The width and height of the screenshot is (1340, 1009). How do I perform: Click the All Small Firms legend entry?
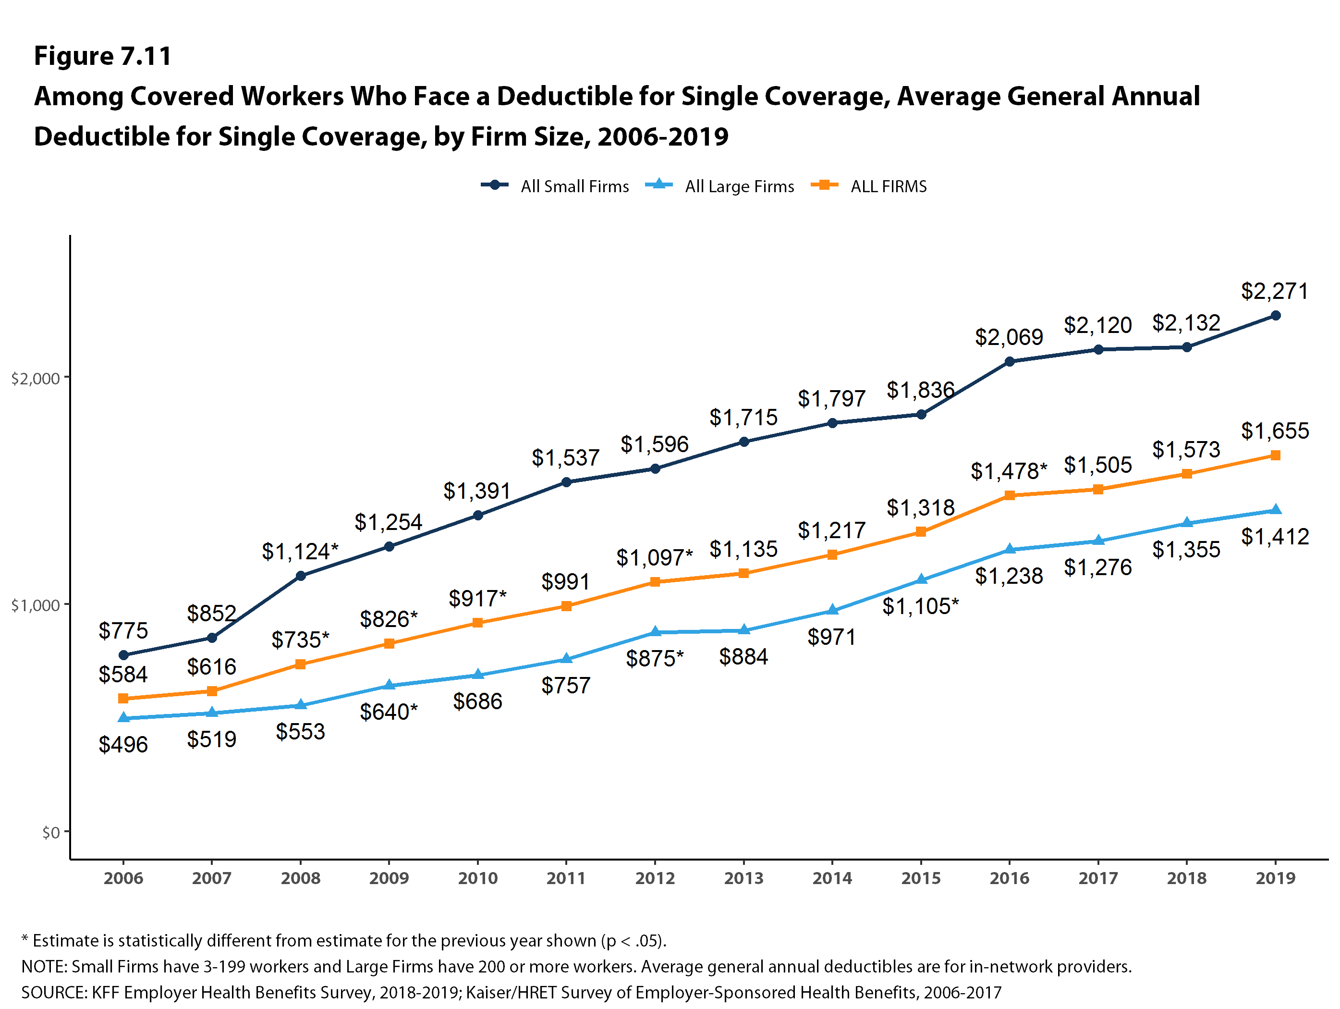pos(555,186)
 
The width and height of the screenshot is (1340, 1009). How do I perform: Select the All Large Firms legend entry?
pos(719,186)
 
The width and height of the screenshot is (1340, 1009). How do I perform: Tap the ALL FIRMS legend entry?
pos(869,186)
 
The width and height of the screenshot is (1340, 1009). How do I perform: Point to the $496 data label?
pos(123,744)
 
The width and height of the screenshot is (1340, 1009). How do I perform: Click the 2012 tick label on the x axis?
pos(654,878)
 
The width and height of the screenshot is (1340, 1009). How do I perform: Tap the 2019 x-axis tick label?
pos(1275,878)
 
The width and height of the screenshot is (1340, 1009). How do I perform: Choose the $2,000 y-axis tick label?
pos(35,379)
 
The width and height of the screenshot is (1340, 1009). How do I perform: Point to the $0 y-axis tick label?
pos(51,833)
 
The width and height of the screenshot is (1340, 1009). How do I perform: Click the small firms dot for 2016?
pos(1009,362)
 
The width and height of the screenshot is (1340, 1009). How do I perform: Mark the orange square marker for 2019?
pos(1275,455)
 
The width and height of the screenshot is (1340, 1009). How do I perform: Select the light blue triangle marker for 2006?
pos(123,717)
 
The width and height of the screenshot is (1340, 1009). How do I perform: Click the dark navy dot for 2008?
pos(301,576)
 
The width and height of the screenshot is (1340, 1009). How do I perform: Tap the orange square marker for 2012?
pos(655,582)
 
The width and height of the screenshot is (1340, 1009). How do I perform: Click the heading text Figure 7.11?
pos(102,56)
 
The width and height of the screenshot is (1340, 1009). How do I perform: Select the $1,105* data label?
pos(920,606)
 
